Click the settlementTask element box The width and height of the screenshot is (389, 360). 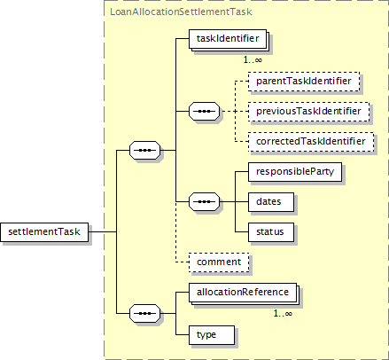point(44,232)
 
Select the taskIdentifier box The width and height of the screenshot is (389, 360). point(228,39)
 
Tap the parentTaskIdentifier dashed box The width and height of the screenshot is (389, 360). point(304,82)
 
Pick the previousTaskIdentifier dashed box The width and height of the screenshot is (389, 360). point(308,112)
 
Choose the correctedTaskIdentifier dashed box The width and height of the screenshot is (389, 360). point(311,142)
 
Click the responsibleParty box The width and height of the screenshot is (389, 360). point(295,172)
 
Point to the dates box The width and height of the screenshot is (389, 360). point(271,202)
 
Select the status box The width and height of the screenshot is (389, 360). point(271,232)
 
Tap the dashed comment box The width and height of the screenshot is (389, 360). point(219,262)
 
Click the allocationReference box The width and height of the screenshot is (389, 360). point(243,293)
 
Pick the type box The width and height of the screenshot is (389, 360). point(212,335)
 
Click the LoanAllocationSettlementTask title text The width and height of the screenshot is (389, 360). point(181,12)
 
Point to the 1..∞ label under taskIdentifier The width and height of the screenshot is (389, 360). point(253,59)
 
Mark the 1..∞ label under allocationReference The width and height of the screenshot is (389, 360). point(283,313)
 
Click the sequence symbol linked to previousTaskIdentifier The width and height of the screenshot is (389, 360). point(204,112)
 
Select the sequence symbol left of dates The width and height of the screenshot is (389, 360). point(204,202)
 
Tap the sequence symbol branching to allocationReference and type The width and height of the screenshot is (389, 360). point(144,313)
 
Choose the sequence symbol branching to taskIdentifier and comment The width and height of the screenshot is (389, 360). point(144,150)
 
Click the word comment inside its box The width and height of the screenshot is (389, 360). point(219,262)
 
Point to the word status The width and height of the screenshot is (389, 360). point(270,231)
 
